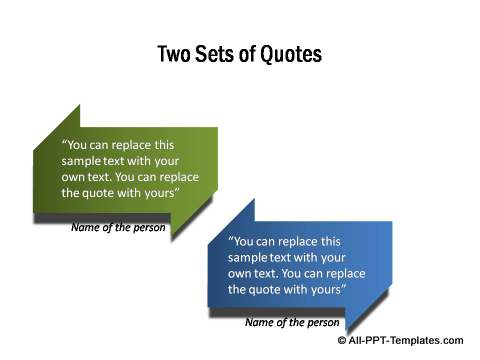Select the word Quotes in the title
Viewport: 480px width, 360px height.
click(292, 54)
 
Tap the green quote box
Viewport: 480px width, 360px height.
click(125, 169)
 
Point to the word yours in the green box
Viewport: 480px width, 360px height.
click(160, 193)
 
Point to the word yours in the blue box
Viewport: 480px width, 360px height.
click(327, 289)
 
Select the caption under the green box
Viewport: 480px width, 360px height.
click(118, 227)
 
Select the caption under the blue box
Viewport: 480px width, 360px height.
click(291, 322)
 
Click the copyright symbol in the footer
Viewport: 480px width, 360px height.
click(343, 340)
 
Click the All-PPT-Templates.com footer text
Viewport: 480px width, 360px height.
click(406, 340)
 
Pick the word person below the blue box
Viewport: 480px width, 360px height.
click(321, 322)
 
